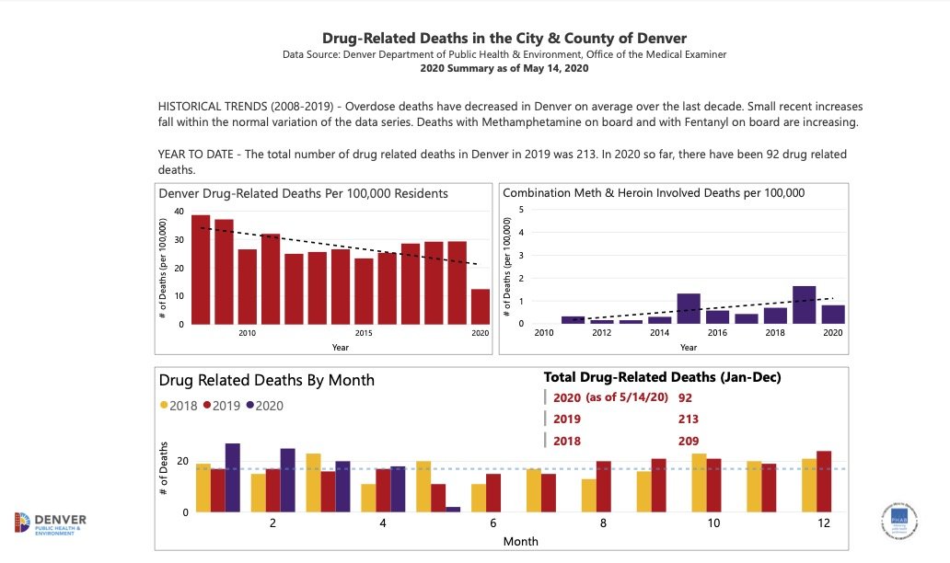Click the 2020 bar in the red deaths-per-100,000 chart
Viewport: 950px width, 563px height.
pos(480,306)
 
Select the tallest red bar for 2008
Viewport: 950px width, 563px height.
pos(201,269)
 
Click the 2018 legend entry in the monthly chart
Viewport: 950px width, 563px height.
pos(181,405)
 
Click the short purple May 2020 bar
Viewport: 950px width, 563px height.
pos(453,509)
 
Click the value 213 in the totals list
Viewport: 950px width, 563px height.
pos(689,419)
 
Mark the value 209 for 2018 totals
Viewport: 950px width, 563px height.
pos(689,441)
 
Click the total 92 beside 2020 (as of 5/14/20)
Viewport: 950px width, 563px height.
pos(685,398)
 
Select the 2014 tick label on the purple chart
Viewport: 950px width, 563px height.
pos(659,332)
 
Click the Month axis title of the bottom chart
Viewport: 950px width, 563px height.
pos(520,542)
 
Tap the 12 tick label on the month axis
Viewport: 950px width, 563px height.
pos(823,523)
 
